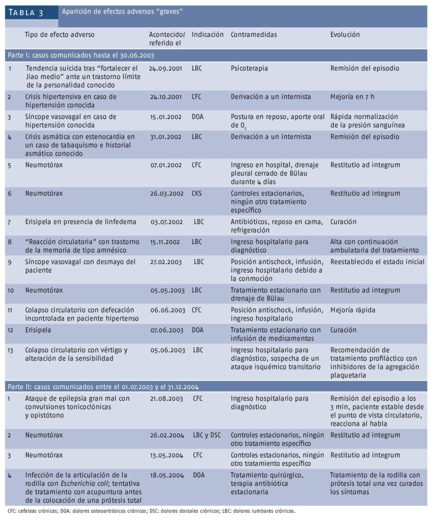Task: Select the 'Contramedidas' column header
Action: coord(254,35)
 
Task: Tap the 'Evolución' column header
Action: coord(345,35)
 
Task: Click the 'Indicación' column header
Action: coord(207,35)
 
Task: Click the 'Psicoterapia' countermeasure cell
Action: coord(249,68)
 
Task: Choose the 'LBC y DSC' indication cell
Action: coord(207,435)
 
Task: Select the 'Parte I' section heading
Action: coord(80,55)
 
